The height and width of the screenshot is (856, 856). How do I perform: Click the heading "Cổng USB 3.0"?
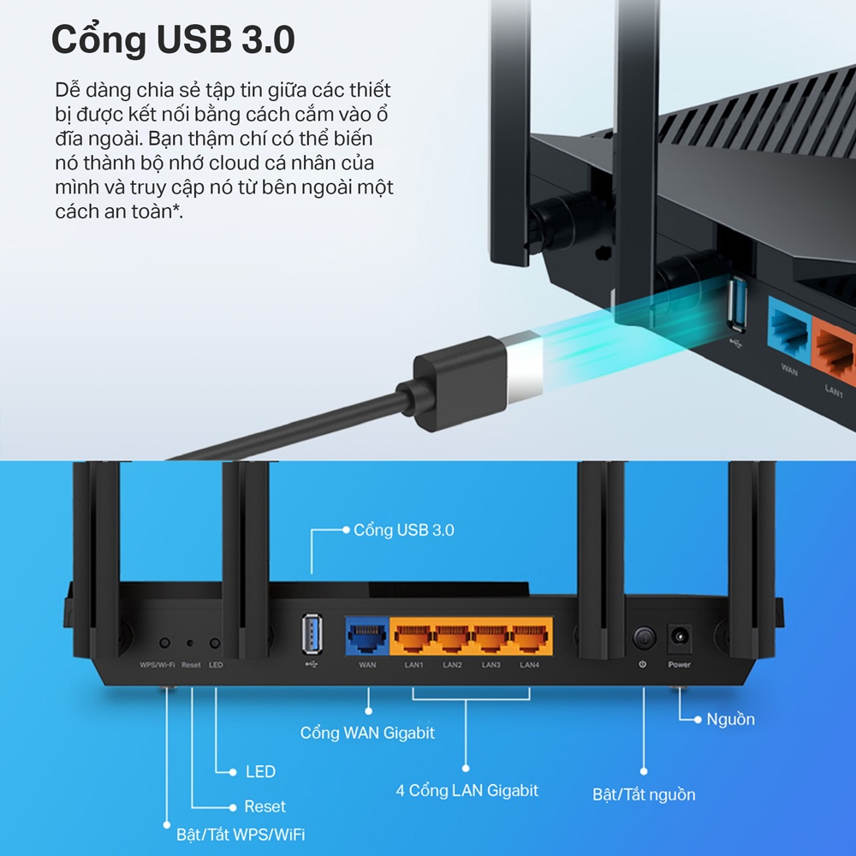[x=174, y=40]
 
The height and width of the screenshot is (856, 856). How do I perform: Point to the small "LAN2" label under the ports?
[x=452, y=665]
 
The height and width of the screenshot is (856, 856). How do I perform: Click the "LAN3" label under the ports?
[x=490, y=665]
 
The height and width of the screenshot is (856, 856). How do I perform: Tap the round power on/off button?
[x=643, y=638]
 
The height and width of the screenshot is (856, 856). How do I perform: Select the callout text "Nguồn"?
[x=730, y=719]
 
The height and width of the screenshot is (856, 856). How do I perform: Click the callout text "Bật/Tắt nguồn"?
[x=644, y=794]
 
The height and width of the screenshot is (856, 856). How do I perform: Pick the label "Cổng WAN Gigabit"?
[x=367, y=733]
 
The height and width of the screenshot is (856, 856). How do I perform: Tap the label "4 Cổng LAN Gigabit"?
[x=467, y=790]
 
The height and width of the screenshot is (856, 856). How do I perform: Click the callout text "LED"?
[x=260, y=771]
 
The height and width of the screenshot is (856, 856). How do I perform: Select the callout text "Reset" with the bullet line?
[x=265, y=806]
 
